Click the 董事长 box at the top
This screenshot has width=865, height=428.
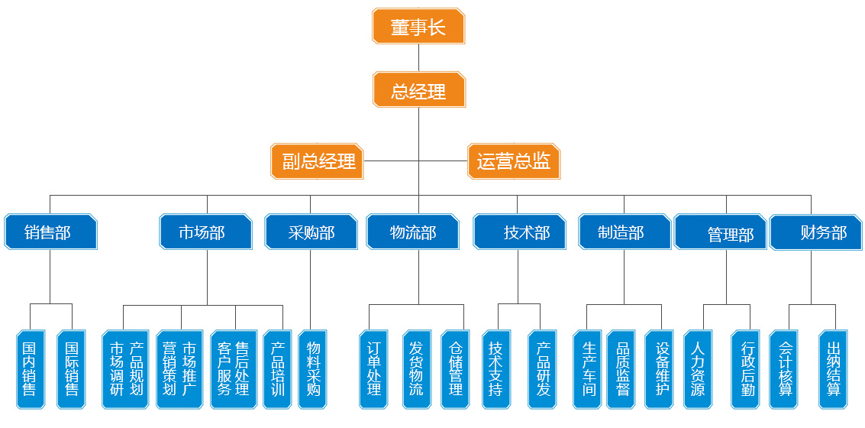pyautogui.click(x=418, y=27)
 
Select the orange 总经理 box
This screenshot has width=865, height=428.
pyautogui.click(x=418, y=90)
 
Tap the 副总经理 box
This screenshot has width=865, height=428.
pyautogui.click(x=318, y=161)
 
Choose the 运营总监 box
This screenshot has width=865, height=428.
pyautogui.click(x=514, y=161)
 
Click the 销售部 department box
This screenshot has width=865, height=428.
pyautogui.click(x=50, y=232)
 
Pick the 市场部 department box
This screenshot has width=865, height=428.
pyautogui.click(x=205, y=232)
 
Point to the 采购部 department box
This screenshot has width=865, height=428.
pyautogui.click(x=311, y=232)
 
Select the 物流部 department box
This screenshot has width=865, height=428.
pyautogui.click(x=412, y=232)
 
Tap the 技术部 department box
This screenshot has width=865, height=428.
pyautogui.click(x=520, y=232)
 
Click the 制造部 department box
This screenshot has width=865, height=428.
pyautogui.click(x=624, y=232)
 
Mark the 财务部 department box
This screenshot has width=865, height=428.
pyautogui.click(x=816, y=232)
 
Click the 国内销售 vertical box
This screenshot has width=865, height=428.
pyautogui.click(x=30, y=370)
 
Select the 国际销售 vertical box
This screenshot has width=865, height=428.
pyautogui.click(x=73, y=370)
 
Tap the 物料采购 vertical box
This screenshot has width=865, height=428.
pyautogui.click(x=313, y=370)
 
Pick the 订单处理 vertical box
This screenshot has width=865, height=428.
pyautogui.click(x=373, y=370)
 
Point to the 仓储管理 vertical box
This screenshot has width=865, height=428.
pyautogui.click(x=457, y=370)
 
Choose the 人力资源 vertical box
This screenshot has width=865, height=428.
pyautogui.click(x=698, y=370)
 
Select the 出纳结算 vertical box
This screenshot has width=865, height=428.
pyautogui.click(x=834, y=370)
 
